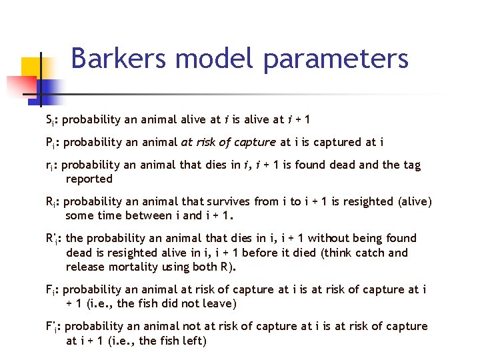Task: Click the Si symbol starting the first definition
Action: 49,121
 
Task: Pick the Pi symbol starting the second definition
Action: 50,142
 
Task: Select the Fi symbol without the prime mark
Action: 50,290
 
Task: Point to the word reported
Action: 89,179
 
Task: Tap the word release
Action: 85,267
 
